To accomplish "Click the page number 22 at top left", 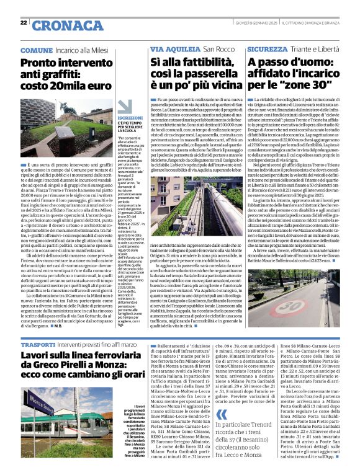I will (23, 22).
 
